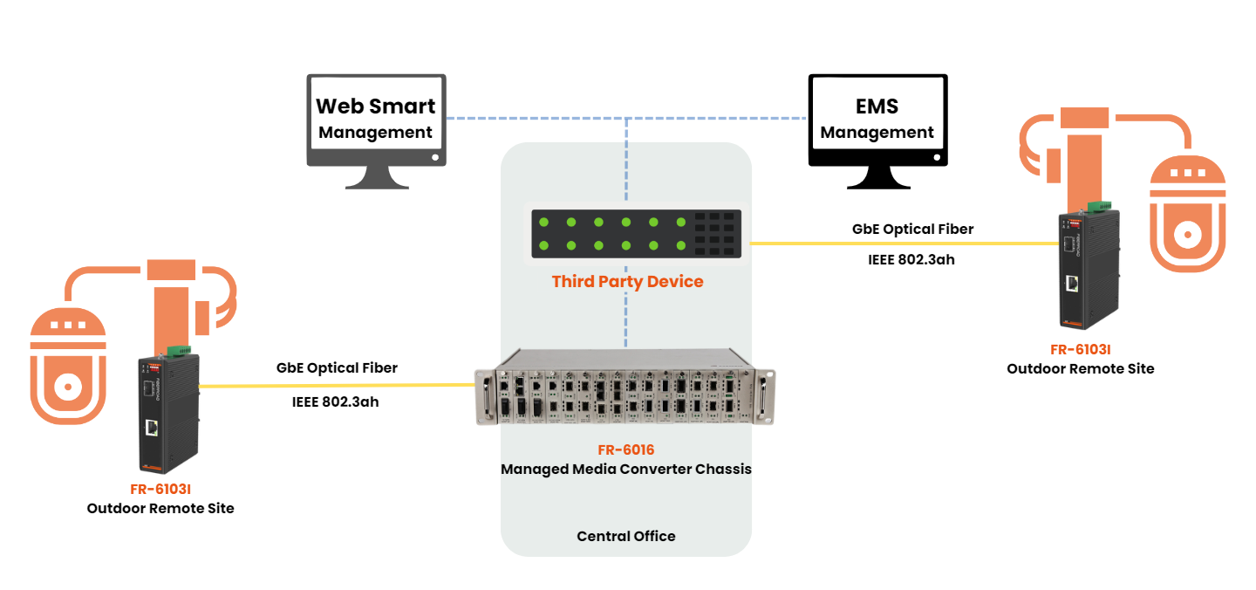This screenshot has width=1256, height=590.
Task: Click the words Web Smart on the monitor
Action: coord(375,106)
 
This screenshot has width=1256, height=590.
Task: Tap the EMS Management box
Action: coord(877,113)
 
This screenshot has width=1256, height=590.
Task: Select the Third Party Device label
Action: coord(627,282)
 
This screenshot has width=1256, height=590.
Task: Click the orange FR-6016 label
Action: coord(625,450)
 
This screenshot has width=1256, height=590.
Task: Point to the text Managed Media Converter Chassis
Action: coord(625,470)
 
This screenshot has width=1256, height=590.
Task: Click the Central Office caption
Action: coord(626,536)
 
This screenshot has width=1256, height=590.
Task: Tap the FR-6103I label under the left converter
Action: coord(160,489)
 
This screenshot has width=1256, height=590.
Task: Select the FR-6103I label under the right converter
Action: coord(1080,349)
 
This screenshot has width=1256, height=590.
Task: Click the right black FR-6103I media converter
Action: coord(1088,271)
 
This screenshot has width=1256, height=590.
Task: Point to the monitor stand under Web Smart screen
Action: coord(376,177)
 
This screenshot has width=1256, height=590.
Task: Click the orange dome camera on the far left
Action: coord(68,367)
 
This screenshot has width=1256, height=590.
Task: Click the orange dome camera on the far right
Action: coord(1187,214)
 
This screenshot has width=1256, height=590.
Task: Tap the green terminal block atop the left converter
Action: coord(180,350)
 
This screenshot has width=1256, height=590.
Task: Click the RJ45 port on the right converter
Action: coord(1073,284)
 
